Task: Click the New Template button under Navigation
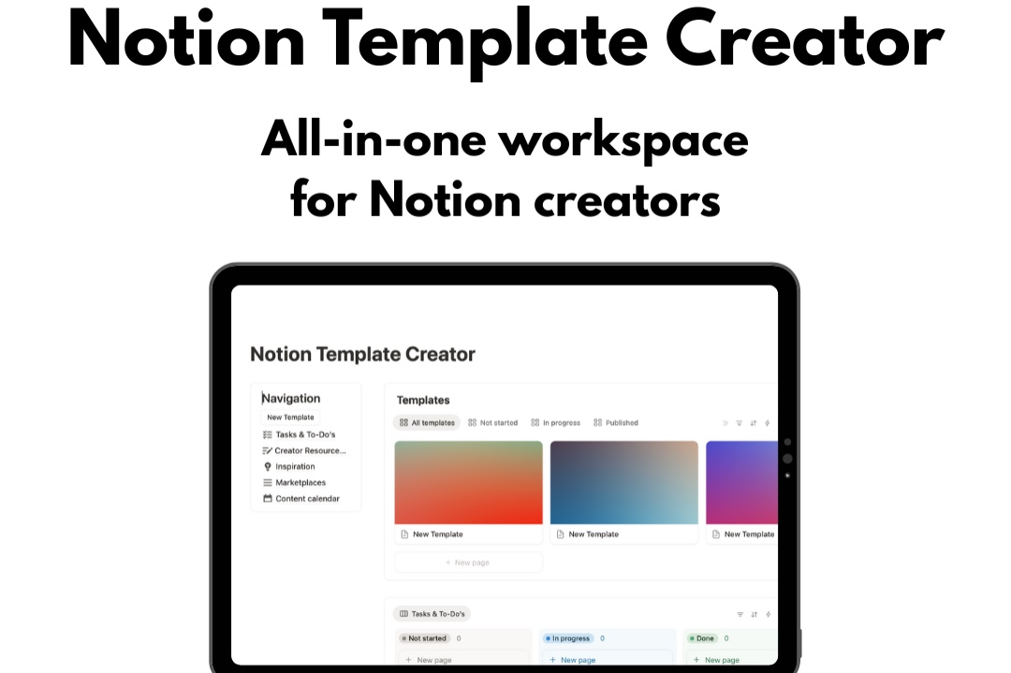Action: (x=290, y=417)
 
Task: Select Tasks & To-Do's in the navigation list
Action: (x=304, y=434)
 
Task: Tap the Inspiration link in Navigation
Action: (x=295, y=466)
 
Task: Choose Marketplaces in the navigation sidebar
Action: (x=300, y=482)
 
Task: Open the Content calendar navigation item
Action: (x=306, y=498)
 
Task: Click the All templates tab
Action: (x=427, y=423)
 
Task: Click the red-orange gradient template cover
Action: (x=468, y=482)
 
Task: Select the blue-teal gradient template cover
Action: (x=623, y=482)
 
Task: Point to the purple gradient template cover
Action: (x=741, y=482)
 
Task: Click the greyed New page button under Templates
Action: (x=468, y=563)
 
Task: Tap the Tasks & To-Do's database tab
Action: (x=432, y=614)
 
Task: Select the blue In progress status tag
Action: (x=567, y=638)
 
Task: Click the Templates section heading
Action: (x=423, y=400)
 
